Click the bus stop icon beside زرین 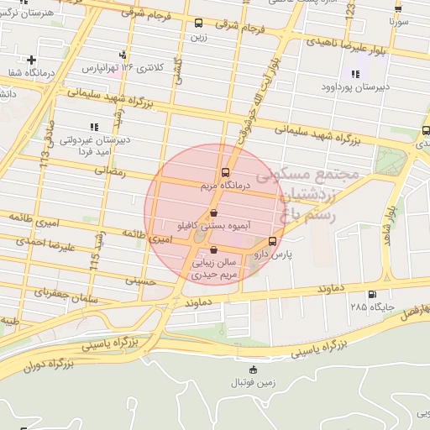point(198,24)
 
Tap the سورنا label point(397,18)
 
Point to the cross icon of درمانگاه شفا point(31,60)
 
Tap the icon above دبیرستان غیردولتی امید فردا point(93,127)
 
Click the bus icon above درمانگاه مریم point(223,173)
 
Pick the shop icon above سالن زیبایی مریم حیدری point(213,249)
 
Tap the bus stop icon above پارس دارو point(270,242)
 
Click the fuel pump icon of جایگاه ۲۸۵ point(372,294)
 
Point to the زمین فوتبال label point(254,382)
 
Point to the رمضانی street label point(110,171)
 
